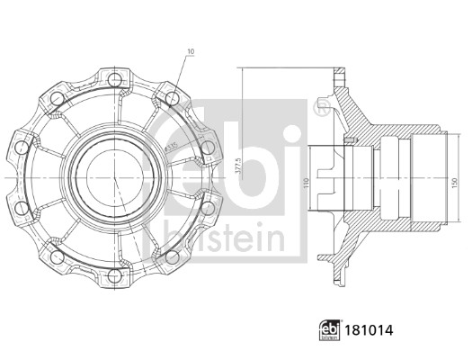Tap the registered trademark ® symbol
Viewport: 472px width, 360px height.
(x=319, y=108)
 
